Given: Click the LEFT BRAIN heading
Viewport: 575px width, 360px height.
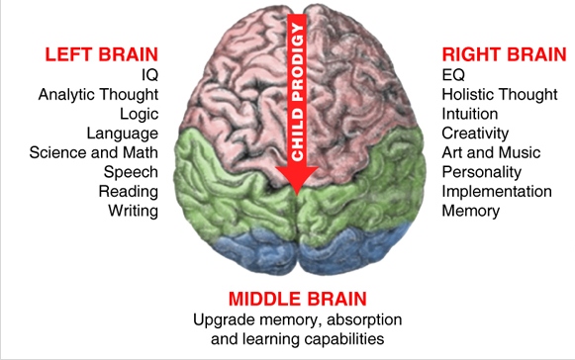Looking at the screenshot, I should pos(101,52).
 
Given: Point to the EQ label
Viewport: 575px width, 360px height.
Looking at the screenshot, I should pos(452,73).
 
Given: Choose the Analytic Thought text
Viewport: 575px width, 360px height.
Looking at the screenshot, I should pos(98,95).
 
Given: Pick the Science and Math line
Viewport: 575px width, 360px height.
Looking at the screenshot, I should pos(93,153).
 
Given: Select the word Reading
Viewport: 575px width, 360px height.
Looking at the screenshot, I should pos(129,191).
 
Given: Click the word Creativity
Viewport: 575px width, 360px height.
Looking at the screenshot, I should pos(476,134).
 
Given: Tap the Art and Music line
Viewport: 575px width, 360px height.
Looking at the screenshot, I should pos(491,153).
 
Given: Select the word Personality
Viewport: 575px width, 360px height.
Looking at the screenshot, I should pos(480,172).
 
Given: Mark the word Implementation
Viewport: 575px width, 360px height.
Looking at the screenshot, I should pos(497,191).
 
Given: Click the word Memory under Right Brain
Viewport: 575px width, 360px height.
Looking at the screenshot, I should pos(471,211).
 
